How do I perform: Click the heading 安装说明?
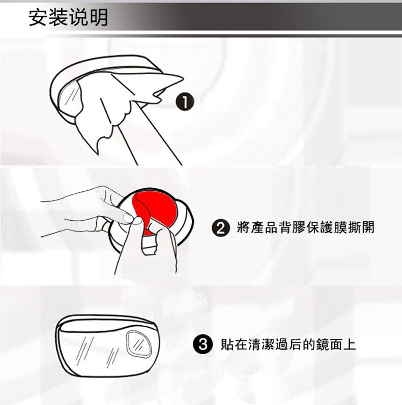pyautogui.click(x=68, y=18)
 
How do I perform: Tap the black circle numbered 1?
pyautogui.click(x=185, y=102)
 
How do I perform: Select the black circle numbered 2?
pyautogui.click(x=221, y=228)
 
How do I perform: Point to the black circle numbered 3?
pyautogui.click(x=203, y=344)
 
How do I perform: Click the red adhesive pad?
pyautogui.click(x=158, y=209)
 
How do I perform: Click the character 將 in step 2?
pyautogui.click(x=243, y=227)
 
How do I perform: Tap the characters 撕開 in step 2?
pyautogui.click(x=360, y=227)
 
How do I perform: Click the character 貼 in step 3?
pyautogui.click(x=227, y=344)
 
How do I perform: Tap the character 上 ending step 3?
pyautogui.click(x=349, y=344)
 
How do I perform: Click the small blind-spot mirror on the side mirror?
pyautogui.click(x=139, y=344)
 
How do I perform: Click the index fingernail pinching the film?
pyautogui.click(x=128, y=218)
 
